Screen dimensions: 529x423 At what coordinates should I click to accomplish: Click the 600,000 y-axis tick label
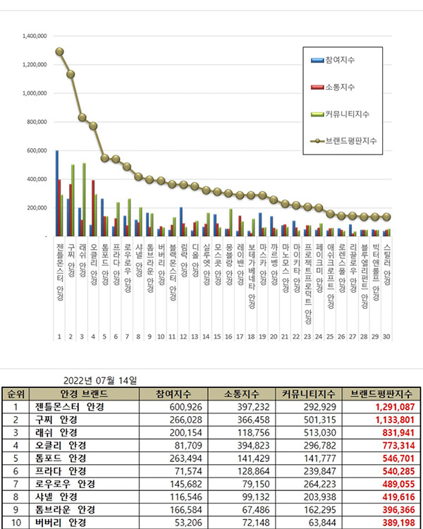[36, 150]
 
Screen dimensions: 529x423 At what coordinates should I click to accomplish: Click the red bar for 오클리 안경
[93, 208]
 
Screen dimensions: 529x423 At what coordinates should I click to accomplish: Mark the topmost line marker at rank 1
[60, 51]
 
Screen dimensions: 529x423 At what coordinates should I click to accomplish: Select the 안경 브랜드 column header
[80, 394]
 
